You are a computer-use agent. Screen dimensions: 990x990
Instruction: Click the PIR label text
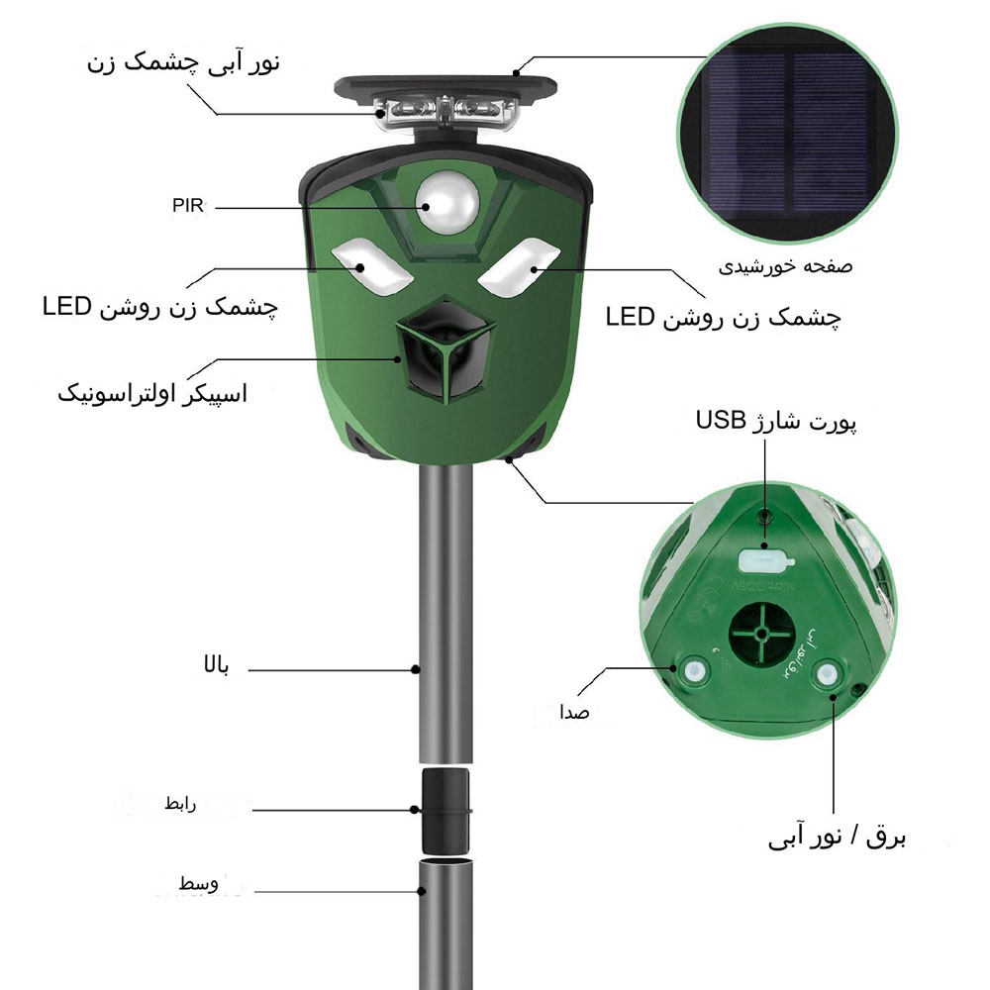(188, 206)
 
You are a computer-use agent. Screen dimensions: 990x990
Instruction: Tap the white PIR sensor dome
(447, 202)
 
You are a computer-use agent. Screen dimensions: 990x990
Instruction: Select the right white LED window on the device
(519, 267)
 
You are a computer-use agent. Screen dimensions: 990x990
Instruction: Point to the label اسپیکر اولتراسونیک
(152, 393)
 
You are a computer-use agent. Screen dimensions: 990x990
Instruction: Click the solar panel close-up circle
(787, 134)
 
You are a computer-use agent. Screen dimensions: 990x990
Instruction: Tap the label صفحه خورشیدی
(785, 266)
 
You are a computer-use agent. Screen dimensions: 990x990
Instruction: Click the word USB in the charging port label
(721, 419)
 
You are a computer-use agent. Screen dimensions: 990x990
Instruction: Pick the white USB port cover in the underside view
(764, 560)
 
